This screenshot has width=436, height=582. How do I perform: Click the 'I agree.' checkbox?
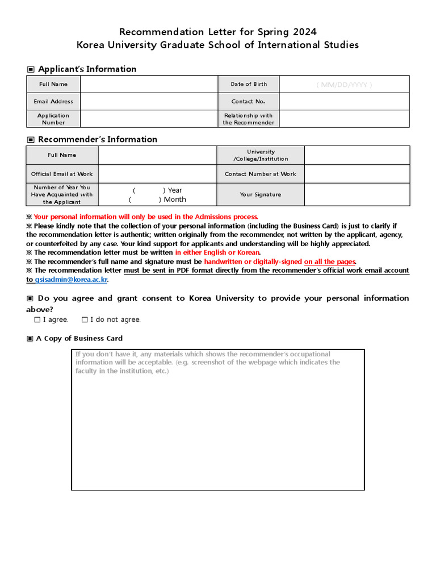click(37, 319)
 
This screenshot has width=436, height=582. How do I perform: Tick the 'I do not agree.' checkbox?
click(85, 319)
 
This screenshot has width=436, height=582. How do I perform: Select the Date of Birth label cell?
click(249, 84)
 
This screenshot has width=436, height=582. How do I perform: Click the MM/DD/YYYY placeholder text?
click(344, 84)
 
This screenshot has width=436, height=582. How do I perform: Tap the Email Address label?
click(53, 101)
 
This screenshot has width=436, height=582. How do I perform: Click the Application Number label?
click(53, 119)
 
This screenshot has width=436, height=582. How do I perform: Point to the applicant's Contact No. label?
click(248, 101)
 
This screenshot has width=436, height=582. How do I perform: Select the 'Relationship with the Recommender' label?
click(248, 119)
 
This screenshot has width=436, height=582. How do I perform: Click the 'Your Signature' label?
click(260, 194)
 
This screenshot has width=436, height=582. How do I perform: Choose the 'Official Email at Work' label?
click(62, 174)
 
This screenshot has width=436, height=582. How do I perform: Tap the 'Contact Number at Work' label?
click(260, 174)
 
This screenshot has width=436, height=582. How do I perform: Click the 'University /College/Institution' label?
click(261, 155)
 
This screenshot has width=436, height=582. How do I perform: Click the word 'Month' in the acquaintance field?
click(175, 199)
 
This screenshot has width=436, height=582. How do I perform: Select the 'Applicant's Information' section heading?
click(87, 69)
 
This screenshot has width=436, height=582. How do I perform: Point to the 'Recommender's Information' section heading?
click(97, 139)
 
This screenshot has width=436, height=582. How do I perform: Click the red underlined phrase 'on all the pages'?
click(330, 261)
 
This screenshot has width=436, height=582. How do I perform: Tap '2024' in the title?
click(300, 31)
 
